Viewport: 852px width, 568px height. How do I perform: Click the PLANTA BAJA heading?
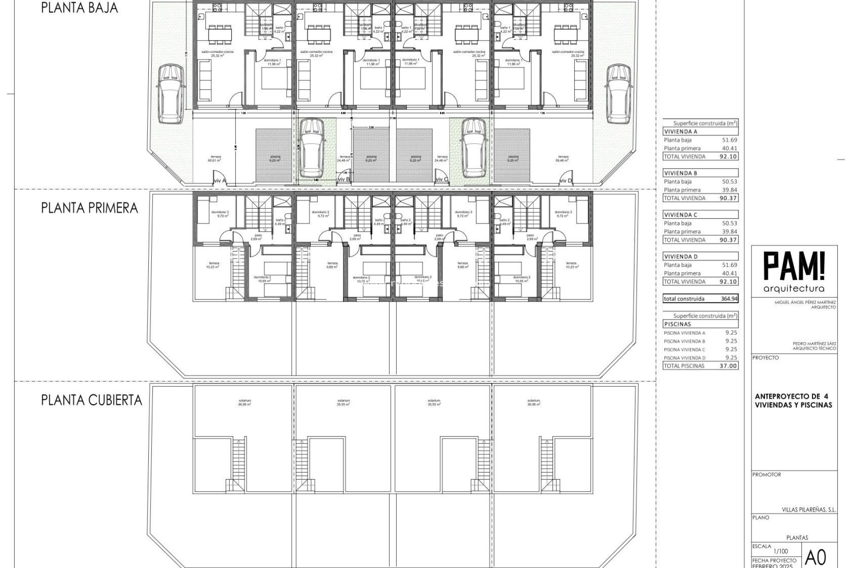point(80,8)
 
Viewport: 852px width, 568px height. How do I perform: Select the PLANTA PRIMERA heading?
point(90,208)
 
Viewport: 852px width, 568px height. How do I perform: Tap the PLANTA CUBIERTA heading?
point(92,400)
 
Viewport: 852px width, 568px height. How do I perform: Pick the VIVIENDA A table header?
point(682,131)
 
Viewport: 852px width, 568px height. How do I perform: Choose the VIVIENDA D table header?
point(682,256)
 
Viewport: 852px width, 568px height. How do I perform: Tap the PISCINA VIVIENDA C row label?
point(684,350)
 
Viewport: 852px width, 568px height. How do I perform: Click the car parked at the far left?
point(170,94)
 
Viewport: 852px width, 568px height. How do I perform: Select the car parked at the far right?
point(620,94)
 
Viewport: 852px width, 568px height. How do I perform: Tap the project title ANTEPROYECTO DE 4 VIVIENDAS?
point(793,400)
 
